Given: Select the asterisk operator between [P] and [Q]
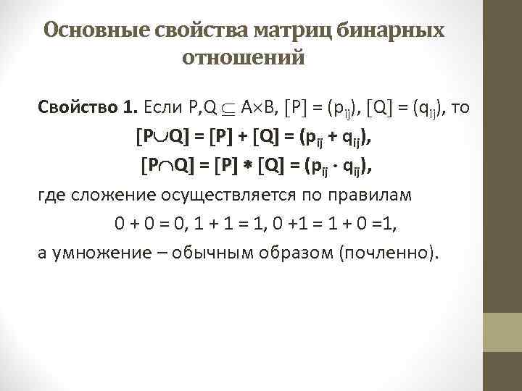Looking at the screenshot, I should tap(248, 166).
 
